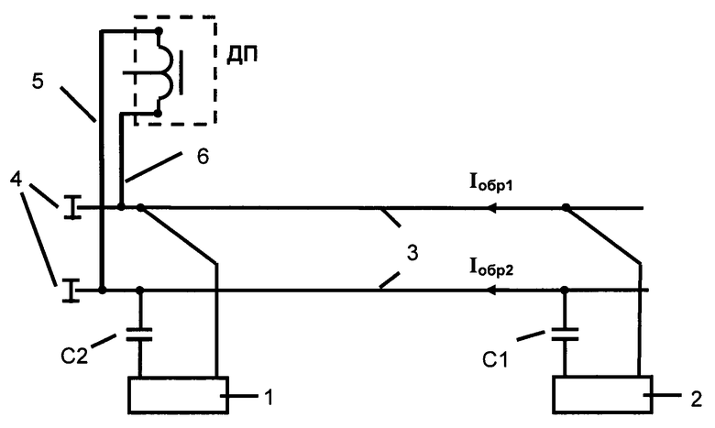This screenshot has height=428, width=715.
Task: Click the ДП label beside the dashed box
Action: (242, 55)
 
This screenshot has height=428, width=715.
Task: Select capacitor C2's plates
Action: (139, 335)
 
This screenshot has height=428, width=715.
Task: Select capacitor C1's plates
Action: (565, 335)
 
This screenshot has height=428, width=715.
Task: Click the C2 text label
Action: (74, 355)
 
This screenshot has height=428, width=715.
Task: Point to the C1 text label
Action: (495, 359)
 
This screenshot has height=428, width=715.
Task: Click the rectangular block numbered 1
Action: (179, 395)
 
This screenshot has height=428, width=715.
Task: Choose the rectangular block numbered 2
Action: (602, 395)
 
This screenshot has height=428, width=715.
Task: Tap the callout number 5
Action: (38, 82)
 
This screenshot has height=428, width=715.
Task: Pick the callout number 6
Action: (203, 156)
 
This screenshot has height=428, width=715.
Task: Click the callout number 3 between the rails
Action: (412, 252)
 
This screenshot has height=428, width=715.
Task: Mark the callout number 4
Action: (16, 179)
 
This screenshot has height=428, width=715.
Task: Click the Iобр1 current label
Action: (491, 183)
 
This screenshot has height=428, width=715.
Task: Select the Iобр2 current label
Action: (491, 268)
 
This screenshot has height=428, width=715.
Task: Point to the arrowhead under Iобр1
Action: (491, 208)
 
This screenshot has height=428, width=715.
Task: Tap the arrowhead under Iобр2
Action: (491, 290)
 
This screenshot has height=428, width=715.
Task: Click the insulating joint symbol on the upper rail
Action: (71, 207)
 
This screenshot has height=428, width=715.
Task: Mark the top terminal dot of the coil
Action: (159, 31)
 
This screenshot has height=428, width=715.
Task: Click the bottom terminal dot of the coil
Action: (158, 113)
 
